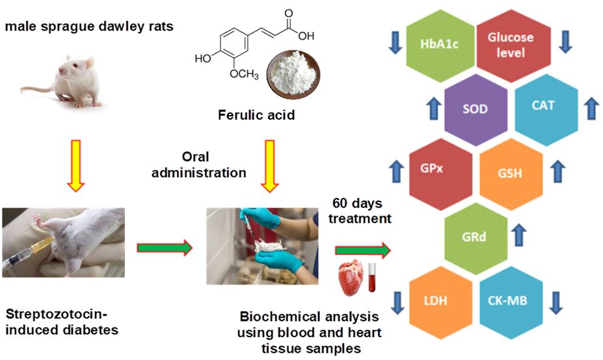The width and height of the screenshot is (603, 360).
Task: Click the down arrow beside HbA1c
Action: click(x=395, y=43)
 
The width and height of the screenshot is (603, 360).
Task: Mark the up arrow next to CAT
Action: click(x=591, y=107)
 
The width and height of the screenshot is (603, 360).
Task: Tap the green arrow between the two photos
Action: click(x=165, y=247)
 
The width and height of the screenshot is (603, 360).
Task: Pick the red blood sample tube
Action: click(x=374, y=276)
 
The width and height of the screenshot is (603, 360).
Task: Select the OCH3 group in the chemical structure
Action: click(x=245, y=76)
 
